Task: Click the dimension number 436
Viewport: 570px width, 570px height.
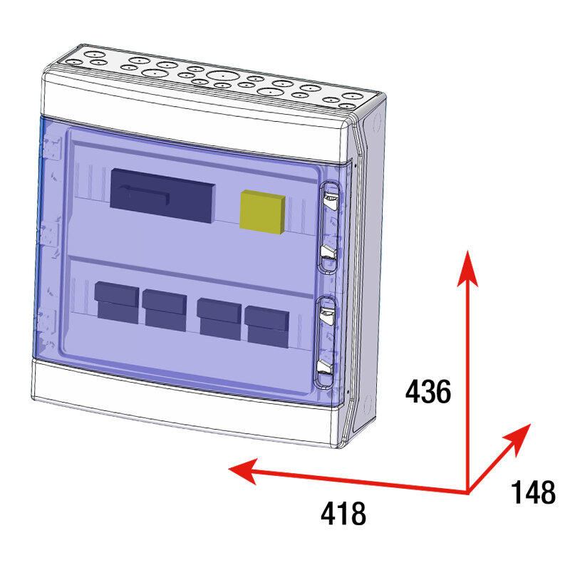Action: [x=428, y=392]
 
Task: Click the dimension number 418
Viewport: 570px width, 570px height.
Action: [x=343, y=512]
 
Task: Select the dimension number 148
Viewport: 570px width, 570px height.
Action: [x=533, y=492]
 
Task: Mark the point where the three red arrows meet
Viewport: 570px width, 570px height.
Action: [x=468, y=492]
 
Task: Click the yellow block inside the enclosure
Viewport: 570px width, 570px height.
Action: [x=263, y=211]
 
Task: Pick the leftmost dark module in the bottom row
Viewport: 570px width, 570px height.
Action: [x=117, y=302]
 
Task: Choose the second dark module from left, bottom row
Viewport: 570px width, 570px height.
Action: [x=165, y=308]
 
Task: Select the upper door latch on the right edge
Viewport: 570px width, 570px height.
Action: [x=328, y=227]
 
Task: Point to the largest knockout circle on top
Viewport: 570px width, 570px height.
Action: [x=223, y=76]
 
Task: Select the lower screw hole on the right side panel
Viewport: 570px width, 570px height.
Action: [x=368, y=407]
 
